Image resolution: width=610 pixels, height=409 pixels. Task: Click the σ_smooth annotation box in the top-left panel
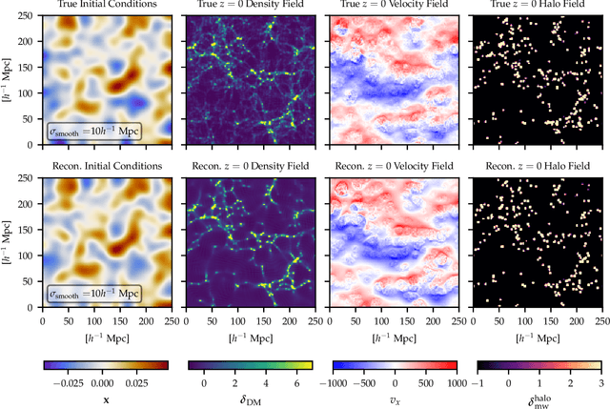pyautogui.click(x=93, y=131)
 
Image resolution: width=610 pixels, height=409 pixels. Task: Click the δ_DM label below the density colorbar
pyautogui.click(x=250, y=399)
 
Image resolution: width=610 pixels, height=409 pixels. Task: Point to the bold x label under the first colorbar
pyautogui.click(x=107, y=399)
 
